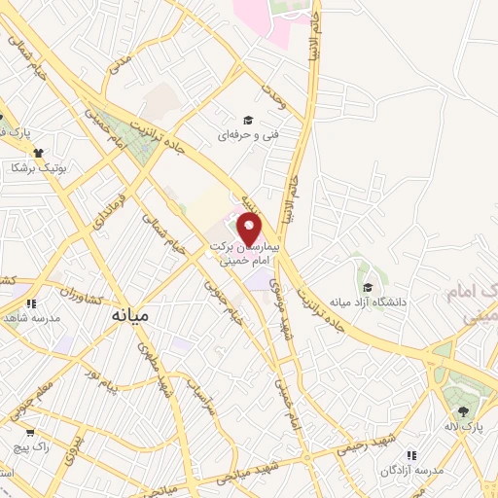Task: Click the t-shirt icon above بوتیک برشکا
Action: pyautogui.click(x=39, y=152)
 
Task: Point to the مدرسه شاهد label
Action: pyautogui.click(x=32, y=317)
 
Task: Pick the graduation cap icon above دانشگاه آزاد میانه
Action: pyautogui.click(x=368, y=287)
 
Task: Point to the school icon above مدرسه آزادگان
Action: pyautogui.click(x=412, y=455)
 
